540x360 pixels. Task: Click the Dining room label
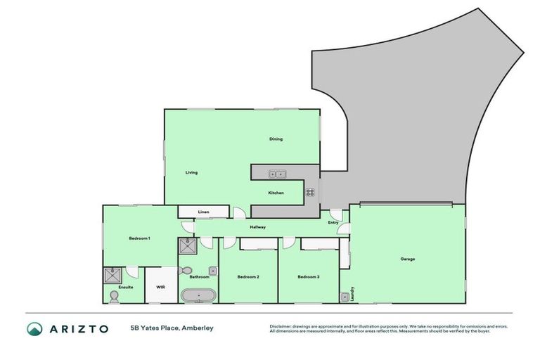pos(276,139)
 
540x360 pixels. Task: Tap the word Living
pos(191,173)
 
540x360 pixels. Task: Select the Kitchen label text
pos(276,193)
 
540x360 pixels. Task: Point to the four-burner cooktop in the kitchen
pos(309,192)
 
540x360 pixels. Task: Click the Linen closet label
pos(203,212)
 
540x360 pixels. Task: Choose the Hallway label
pos(257,227)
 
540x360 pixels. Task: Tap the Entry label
pos(333,223)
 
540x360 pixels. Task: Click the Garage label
pos(408,259)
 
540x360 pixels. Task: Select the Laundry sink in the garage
pos(345,297)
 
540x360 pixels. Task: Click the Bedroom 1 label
pos(139,238)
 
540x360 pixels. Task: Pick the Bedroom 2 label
pos(248,277)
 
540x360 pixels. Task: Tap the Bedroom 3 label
pos(308,277)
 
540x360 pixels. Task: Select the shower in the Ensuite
pos(112,275)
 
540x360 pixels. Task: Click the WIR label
pos(160,287)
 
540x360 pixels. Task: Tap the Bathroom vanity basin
pos(212,269)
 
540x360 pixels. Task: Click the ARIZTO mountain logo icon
pos(34,328)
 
